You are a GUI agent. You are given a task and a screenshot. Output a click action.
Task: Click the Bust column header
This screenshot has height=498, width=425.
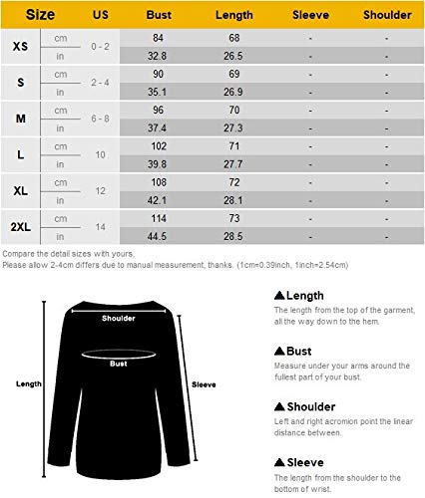pyautogui.click(x=159, y=16)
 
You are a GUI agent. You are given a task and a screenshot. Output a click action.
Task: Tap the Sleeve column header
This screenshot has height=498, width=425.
pyautogui.click(x=311, y=16)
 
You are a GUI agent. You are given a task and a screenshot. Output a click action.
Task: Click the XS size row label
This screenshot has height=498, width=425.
pyautogui.click(x=21, y=48)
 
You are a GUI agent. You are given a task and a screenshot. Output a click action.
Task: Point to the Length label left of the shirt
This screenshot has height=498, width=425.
pyautogui.click(x=27, y=382)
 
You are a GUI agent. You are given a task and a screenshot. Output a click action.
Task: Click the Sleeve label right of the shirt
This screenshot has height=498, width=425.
pyautogui.click(x=204, y=383)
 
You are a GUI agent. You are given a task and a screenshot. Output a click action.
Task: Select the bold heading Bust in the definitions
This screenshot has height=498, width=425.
pyautogui.click(x=297, y=351)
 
